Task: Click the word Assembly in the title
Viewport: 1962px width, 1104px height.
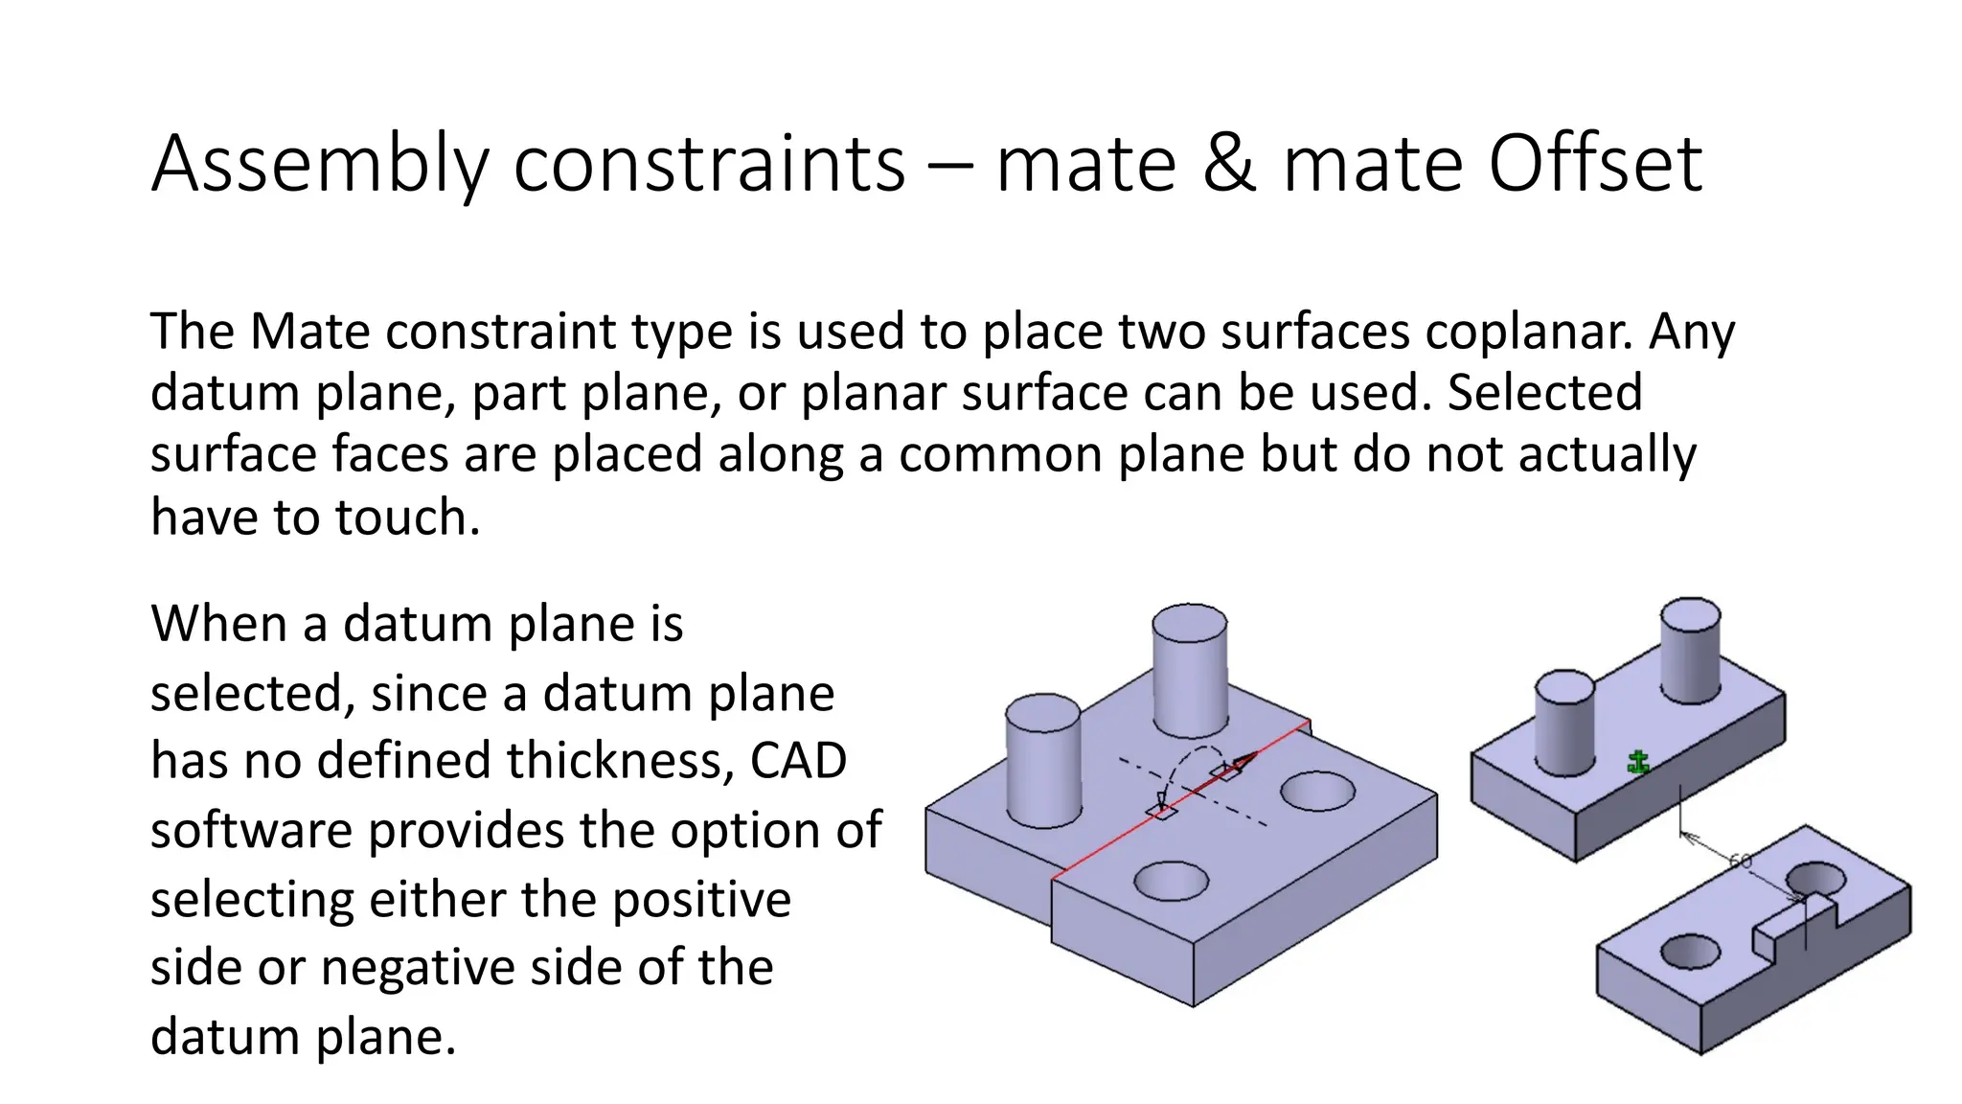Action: tap(321, 165)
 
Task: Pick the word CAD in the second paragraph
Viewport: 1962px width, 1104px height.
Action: tap(798, 761)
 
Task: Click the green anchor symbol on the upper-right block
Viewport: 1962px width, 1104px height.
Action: tap(1638, 763)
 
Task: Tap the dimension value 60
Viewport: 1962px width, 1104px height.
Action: tap(1740, 861)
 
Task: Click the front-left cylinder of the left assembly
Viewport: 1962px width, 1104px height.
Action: tap(1043, 762)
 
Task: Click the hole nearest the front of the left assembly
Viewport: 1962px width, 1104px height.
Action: tap(1171, 881)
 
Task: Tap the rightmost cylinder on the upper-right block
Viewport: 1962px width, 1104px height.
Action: tap(1690, 650)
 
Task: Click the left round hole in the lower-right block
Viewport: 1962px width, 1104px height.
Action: tap(1690, 952)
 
